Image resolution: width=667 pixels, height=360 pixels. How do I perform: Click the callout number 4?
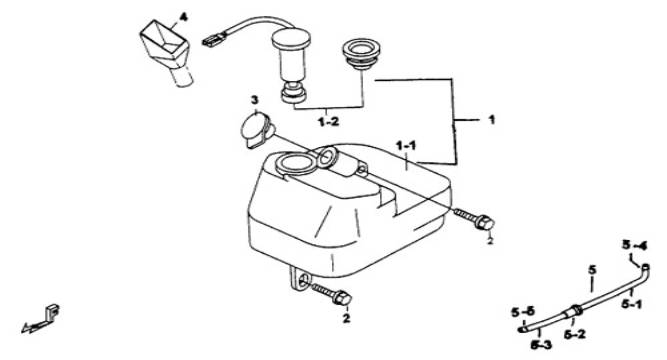pyautogui.click(x=183, y=17)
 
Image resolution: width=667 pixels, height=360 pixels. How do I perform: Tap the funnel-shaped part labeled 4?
pyautogui.click(x=166, y=51)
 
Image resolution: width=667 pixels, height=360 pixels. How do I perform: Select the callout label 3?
pyautogui.click(x=254, y=100)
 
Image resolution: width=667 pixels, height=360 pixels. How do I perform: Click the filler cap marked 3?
pyautogui.click(x=255, y=129)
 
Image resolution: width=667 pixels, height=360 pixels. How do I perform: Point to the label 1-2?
pyautogui.click(x=329, y=122)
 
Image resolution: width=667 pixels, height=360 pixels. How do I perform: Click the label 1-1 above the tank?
pyautogui.click(x=406, y=146)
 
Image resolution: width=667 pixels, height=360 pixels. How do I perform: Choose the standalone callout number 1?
pyautogui.click(x=492, y=120)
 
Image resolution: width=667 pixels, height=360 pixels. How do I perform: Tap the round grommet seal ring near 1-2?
pyautogui.click(x=361, y=54)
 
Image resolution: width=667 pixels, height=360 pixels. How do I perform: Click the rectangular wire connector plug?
pyautogui.click(x=213, y=40)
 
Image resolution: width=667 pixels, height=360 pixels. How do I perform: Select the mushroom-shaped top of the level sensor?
pyautogui.click(x=291, y=39)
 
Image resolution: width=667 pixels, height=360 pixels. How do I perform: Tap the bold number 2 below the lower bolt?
pyautogui.click(x=347, y=318)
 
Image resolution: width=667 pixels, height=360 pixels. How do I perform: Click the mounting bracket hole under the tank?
pyautogui.click(x=303, y=281)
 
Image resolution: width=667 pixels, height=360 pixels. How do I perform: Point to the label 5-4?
pyautogui.click(x=634, y=246)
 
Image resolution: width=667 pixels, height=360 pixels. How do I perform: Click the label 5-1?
pyautogui.click(x=632, y=304)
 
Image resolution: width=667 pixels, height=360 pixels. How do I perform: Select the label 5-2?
pyautogui.click(x=575, y=334)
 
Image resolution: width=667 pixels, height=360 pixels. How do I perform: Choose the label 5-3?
pyautogui.click(x=542, y=345)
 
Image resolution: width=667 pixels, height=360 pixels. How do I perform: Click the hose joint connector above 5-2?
pyautogui.click(x=573, y=310)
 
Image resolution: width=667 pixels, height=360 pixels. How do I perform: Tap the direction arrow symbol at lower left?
pyautogui.click(x=40, y=319)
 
